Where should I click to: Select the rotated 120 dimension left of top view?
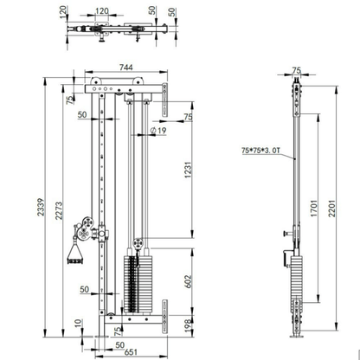click(61, 16)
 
